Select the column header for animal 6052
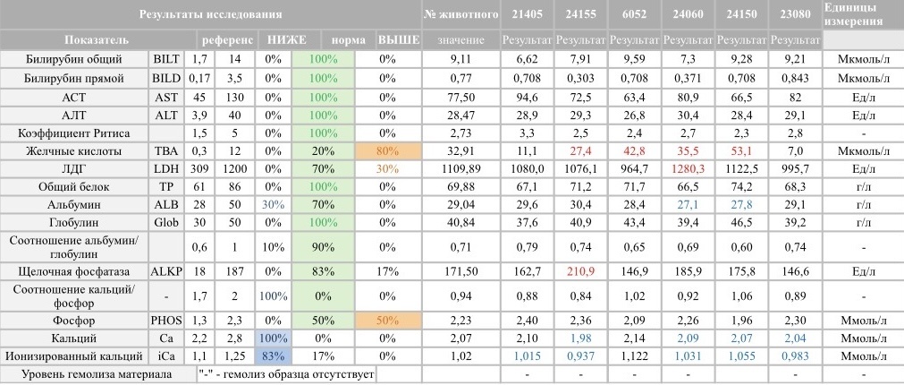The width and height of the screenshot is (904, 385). (x=634, y=14)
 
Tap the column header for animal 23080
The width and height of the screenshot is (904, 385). (x=795, y=14)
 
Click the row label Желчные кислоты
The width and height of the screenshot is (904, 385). (x=75, y=151)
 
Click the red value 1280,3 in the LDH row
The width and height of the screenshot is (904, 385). (x=688, y=168)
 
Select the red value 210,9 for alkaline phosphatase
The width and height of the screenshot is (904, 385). (x=580, y=270)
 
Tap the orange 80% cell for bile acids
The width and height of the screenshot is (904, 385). (x=387, y=151)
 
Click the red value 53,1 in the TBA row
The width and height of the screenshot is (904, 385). (x=741, y=151)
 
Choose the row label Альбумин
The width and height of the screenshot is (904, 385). (x=75, y=205)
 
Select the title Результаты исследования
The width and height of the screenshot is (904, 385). (x=211, y=14)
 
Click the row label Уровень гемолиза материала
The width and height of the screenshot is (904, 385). (x=98, y=374)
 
